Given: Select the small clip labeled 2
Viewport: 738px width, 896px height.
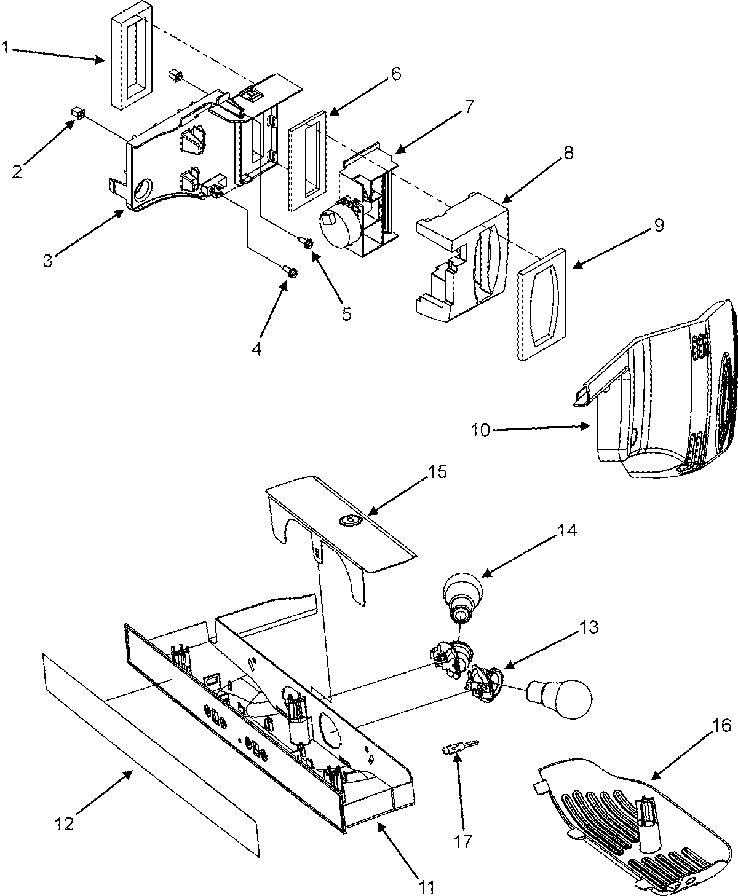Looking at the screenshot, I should pyautogui.click(x=77, y=112).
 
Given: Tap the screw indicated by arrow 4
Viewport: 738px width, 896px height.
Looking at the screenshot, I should pyautogui.click(x=291, y=271).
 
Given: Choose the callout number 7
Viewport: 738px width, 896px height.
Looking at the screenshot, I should pyautogui.click(x=469, y=106).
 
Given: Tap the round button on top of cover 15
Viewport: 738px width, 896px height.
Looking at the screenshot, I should pyautogui.click(x=348, y=521).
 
